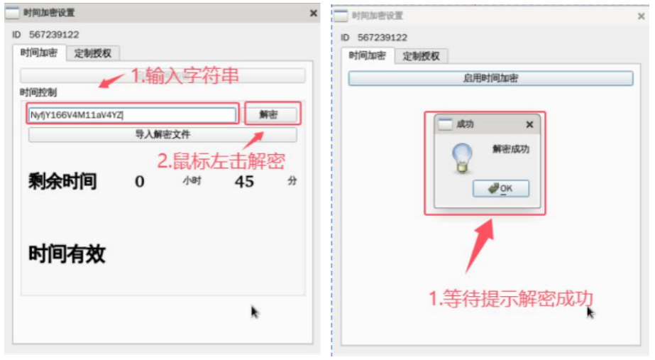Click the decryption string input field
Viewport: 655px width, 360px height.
tap(132, 114)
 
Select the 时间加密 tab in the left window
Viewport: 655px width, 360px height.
tap(39, 53)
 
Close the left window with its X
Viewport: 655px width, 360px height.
tap(314, 13)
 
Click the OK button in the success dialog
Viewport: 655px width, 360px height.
tap(500, 188)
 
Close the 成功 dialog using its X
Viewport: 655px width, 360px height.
tap(529, 124)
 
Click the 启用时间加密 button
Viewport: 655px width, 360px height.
tap(490, 78)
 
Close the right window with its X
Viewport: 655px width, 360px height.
tap(641, 16)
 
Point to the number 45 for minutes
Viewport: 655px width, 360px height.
tap(244, 182)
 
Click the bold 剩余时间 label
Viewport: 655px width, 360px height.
tap(62, 182)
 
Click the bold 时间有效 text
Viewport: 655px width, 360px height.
tap(67, 254)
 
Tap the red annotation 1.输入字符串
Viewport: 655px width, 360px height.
tap(185, 76)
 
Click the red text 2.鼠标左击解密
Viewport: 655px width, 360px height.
tap(221, 160)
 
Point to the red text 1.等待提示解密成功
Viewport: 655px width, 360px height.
tap(510, 298)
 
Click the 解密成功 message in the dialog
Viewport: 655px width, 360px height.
tap(511, 149)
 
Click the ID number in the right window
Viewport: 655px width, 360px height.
tap(382, 37)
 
